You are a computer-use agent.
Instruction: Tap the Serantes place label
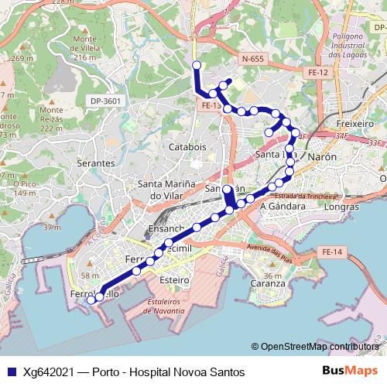tap(96, 164)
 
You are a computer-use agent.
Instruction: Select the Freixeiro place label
tap(355, 123)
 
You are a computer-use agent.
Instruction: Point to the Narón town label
tap(322, 156)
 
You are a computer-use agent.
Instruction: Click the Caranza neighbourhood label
tap(268, 283)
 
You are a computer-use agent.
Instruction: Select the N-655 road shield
tap(252, 59)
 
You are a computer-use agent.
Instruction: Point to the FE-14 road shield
tap(331, 252)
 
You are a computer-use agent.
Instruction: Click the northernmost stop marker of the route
tap(197, 66)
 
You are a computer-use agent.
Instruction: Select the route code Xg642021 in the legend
tap(49, 372)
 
